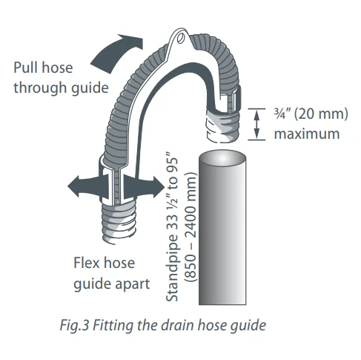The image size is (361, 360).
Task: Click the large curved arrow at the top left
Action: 116,53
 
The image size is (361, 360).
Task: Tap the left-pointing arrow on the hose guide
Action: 87,187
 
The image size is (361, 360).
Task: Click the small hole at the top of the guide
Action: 181,38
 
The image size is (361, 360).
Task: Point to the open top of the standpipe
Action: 222,157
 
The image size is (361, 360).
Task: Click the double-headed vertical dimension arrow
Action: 256,124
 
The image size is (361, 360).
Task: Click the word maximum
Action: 307,134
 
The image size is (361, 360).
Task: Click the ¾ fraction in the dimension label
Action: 279,114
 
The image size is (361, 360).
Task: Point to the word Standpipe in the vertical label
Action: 172,268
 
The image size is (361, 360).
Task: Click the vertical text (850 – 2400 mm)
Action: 191,227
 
